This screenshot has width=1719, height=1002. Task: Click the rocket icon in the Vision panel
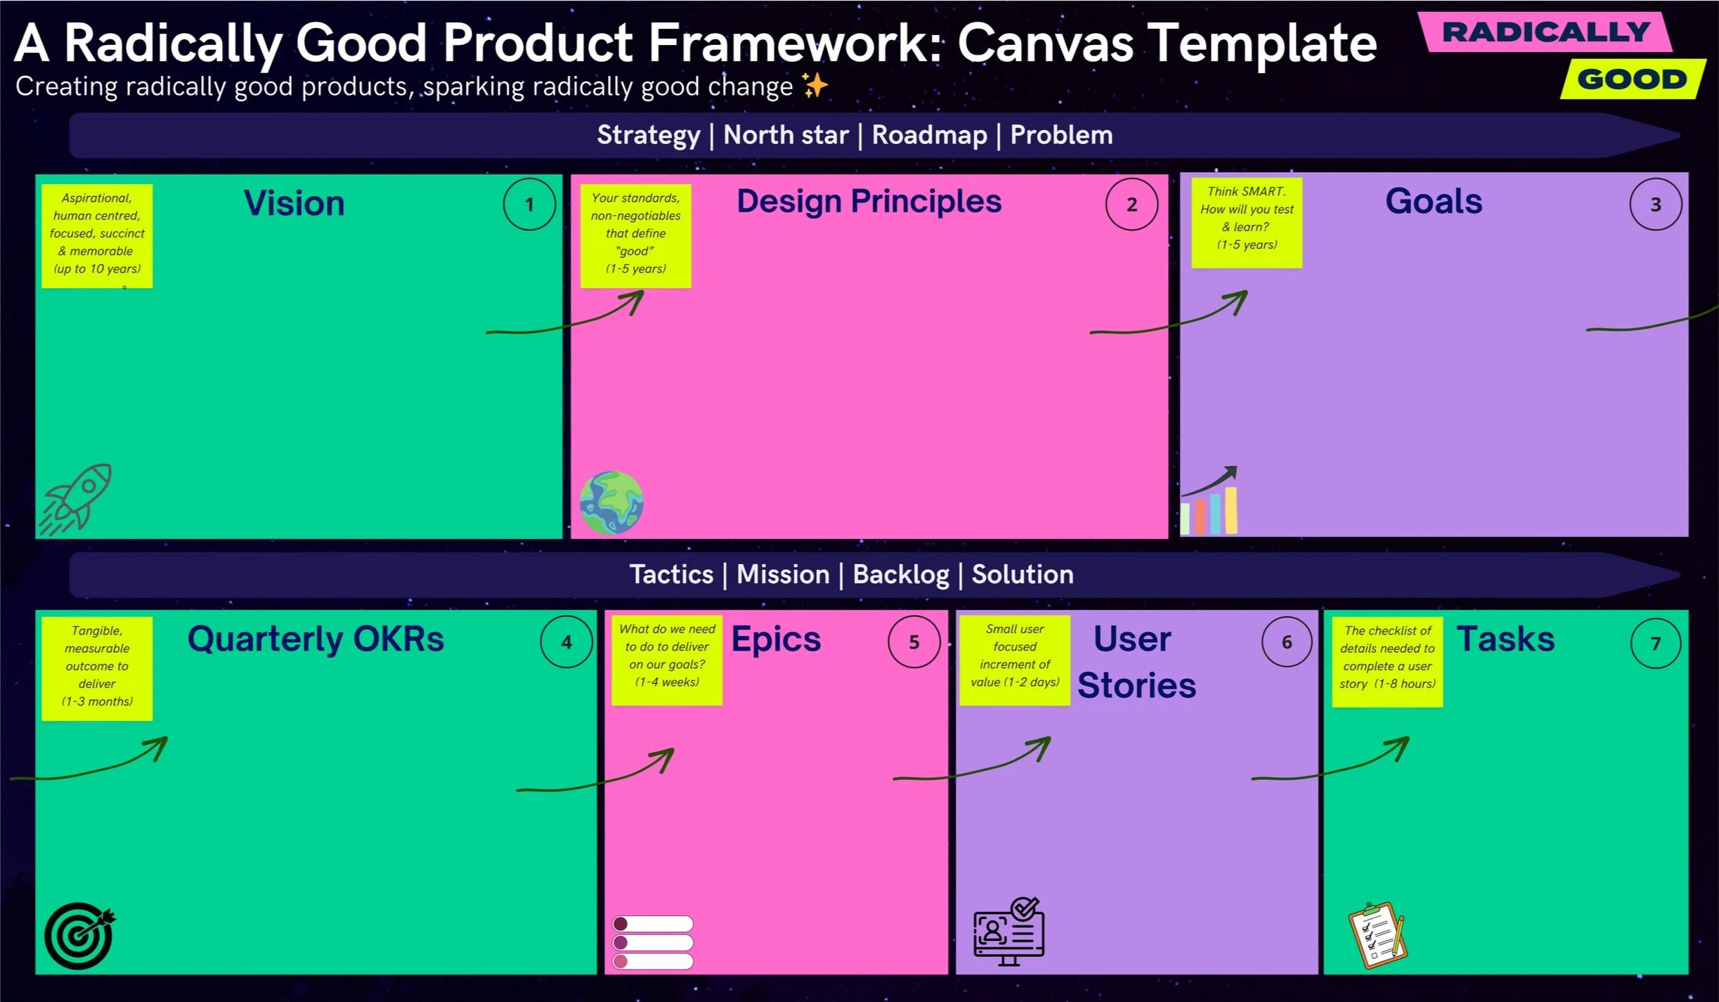point(76,497)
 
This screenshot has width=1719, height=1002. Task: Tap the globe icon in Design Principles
point(611,502)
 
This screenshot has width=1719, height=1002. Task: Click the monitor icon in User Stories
point(1008,931)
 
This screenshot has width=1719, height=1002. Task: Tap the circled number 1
point(529,204)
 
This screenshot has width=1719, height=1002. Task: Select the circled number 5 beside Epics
point(914,642)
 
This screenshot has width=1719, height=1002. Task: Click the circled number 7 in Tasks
point(1655,644)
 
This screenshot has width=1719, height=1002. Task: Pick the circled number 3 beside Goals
point(1655,204)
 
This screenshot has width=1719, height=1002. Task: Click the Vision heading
point(294,204)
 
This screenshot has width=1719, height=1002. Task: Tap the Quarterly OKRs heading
point(316,639)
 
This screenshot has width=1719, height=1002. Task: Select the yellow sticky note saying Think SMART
point(1247,222)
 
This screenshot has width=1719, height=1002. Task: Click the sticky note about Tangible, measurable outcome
point(97,668)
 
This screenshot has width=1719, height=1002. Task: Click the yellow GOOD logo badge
point(1632,79)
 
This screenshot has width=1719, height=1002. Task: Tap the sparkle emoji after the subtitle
point(815,86)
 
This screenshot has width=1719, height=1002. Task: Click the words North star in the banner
point(786,135)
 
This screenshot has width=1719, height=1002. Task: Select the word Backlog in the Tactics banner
point(900,575)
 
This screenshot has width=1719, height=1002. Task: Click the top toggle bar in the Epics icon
point(653,923)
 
